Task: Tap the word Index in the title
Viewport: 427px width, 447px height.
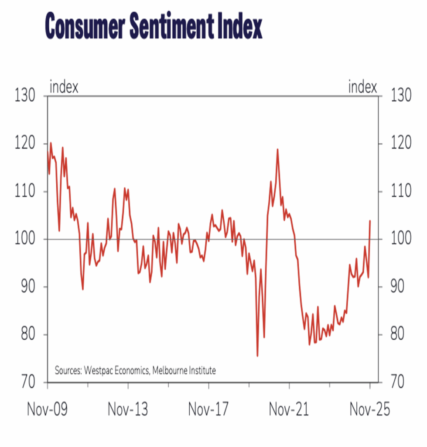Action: pyautogui.click(x=241, y=28)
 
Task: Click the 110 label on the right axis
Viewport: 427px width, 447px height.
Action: pyautogui.click(x=400, y=192)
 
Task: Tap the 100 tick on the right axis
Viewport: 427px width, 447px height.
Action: pyautogui.click(x=400, y=240)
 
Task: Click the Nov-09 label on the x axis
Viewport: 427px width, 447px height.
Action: pyautogui.click(x=47, y=410)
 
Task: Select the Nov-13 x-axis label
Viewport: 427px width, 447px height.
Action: pyautogui.click(x=127, y=410)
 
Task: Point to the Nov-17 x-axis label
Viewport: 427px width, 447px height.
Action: pyautogui.click(x=208, y=410)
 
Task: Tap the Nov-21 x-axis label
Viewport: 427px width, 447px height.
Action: pyautogui.click(x=289, y=410)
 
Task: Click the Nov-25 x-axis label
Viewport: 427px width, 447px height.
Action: pyautogui.click(x=370, y=410)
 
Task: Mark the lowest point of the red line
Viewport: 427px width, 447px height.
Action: pyautogui.click(x=257, y=356)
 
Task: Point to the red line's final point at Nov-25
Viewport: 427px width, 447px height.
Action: pyautogui.click(x=370, y=221)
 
